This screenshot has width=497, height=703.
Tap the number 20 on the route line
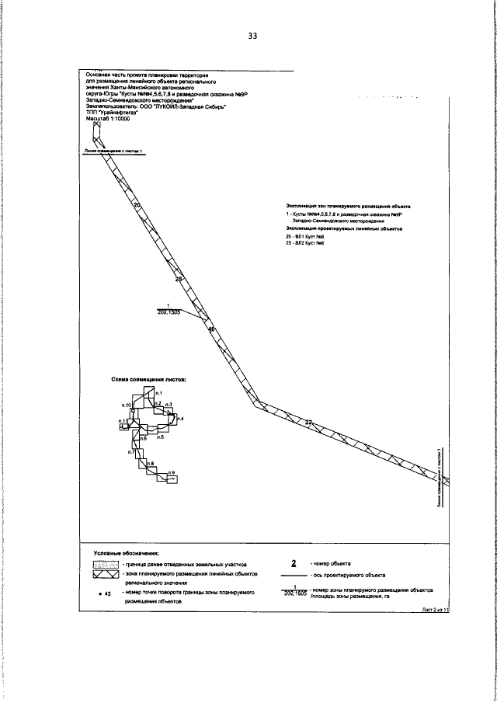tap(137, 206)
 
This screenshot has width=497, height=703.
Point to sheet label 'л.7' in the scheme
tap(132, 452)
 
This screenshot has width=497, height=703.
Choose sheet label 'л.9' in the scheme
tap(172, 472)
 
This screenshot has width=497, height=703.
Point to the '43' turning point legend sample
tap(106, 593)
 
